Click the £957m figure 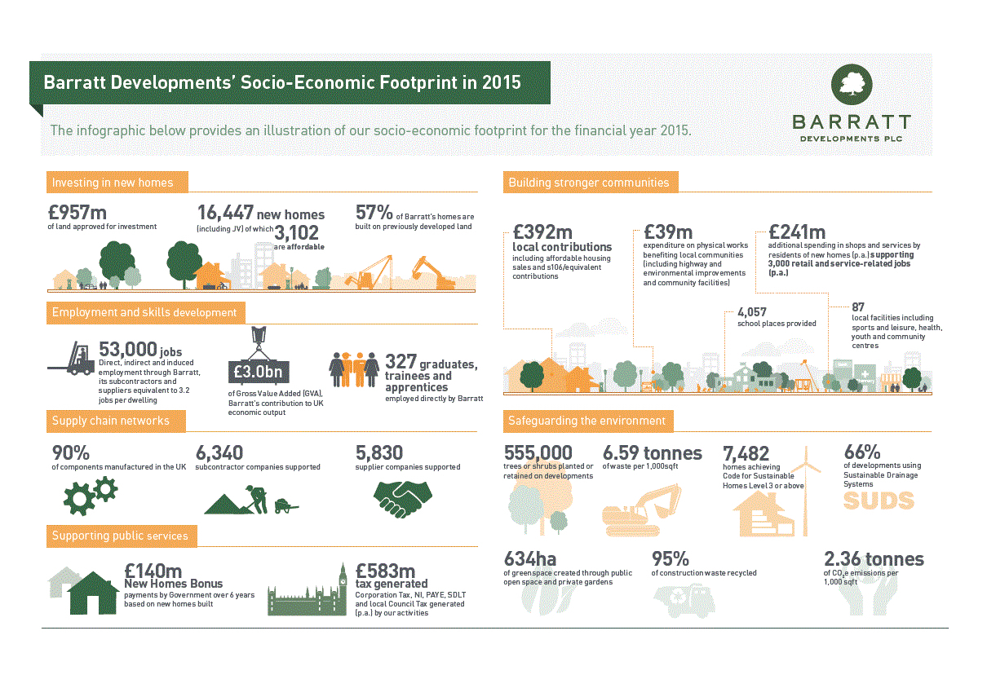click(73, 214)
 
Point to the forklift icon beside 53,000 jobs click(72, 360)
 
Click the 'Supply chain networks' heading click(111, 421)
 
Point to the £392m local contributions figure click(542, 232)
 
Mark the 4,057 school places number click(751, 312)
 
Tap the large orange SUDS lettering click(879, 501)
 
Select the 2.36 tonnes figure click(874, 559)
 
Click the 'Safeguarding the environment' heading click(586, 421)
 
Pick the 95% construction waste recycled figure click(671, 559)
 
